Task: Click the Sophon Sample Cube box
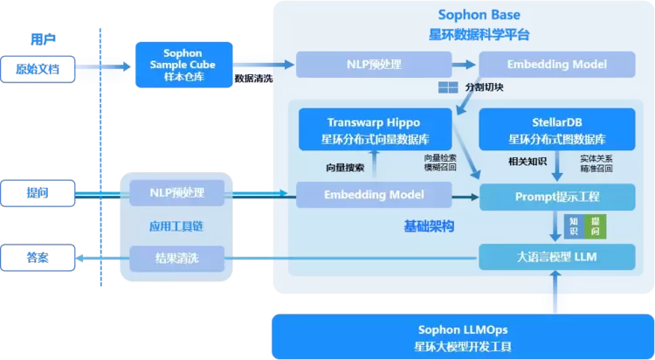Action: pyautogui.click(x=183, y=64)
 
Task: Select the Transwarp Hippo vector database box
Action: pyautogui.click(x=374, y=129)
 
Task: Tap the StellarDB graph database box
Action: pyautogui.click(x=557, y=129)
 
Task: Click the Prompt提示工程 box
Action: pyautogui.click(x=557, y=195)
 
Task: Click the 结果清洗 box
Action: pyautogui.click(x=177, y=258)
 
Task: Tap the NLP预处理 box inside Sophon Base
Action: pyautogui.click(x=374, y=65)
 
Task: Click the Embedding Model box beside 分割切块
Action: pyautogui.click(x=557, y=65)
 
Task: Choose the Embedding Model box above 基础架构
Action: pyautogui.click(x=374, y=195)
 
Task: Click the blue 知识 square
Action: pyautogui.click(x=573, y=226)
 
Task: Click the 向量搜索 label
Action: pyautogui.click(x=344, y=166)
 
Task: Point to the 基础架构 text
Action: pyautogui.click(x=429, y=226)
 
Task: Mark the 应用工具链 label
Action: pyautogui.click(x=177, y=225)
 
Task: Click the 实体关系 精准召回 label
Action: pyautogui.click(x=597, y=163)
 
